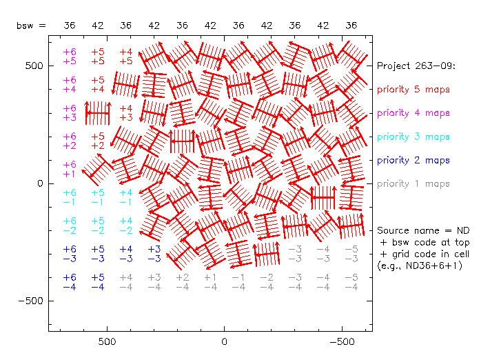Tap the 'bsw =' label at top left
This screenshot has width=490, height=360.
(x=32, y=26)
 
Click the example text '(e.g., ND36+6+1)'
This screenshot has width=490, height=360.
(x=419, y=266)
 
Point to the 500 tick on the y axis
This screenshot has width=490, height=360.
(x=32, y=66)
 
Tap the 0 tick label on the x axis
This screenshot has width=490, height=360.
(x=223, y=341)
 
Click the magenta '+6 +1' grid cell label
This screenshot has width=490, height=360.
(x=70, y=170)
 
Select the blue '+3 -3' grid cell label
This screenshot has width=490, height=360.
(x=154, y=254)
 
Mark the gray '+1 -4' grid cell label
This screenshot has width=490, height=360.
(x=210, y=282)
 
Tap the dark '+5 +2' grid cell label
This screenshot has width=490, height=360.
(x=98, y=141)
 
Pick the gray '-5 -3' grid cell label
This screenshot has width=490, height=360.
(x=351, y=254)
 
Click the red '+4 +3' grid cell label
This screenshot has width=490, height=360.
(x=126, y=113)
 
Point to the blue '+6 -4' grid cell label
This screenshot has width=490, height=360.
(x=70, y=282)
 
